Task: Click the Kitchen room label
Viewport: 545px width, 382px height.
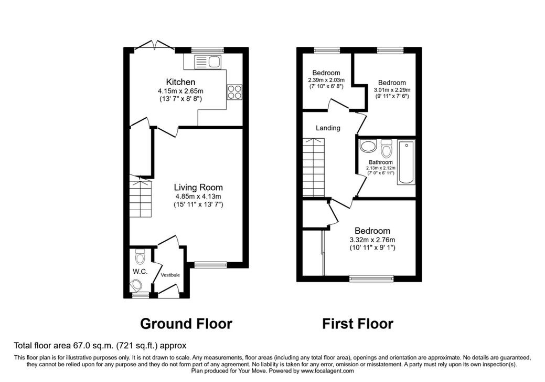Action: click(x=180, y=82)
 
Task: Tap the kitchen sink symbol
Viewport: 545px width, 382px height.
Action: click(x=208, y=63)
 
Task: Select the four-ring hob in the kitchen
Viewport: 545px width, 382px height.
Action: click(x=234, y=92)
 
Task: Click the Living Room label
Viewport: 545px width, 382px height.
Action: click(x=198, y=188)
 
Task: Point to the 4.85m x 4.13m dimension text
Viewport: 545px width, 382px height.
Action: click(x=198, y=197)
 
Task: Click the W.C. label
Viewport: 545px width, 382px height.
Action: click(x=140, y=272)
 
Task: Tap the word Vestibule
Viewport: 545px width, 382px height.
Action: click(x=170, y=275)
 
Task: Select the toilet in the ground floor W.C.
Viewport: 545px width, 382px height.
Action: click(x=140, y=257)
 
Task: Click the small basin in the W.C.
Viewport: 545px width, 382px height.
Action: click(x=137, y=286)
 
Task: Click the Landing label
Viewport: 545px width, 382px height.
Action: click(x=328, y=128)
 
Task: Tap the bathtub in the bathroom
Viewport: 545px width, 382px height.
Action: click(x=406, y=162)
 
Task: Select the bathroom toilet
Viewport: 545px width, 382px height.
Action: click(x=387, y=149)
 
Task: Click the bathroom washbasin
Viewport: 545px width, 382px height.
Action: click(x=368, y=147)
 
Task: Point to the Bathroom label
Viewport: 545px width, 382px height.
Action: click(x=380, y=162)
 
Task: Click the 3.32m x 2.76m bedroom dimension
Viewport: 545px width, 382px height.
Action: click(x=372, y=240)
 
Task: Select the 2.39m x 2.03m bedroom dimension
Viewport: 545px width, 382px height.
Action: click(x=326, y=80)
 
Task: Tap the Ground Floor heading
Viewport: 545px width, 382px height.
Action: click(x=186, y=323)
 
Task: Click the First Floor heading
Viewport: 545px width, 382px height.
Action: click(x=357, y=323)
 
